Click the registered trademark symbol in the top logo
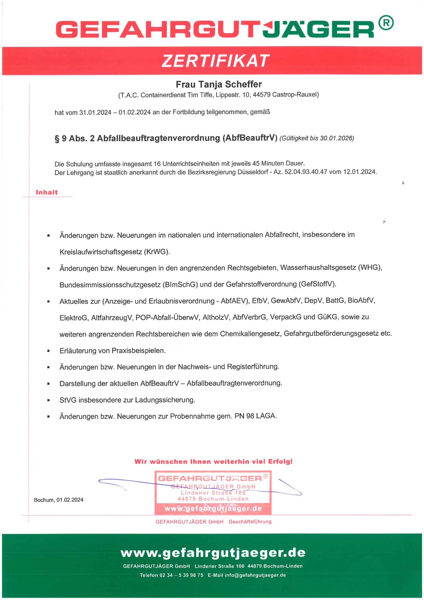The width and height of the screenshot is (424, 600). (386, 23)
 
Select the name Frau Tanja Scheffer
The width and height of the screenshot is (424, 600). (219, 84)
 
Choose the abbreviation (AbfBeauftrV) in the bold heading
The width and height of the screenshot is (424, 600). (250, 138)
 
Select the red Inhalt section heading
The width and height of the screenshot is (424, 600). (47, 192)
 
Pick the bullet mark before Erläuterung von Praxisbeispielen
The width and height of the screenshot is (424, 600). (48, 351)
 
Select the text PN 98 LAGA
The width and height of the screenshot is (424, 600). (255, 416)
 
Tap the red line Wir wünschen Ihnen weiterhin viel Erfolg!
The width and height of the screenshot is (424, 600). (213, 461)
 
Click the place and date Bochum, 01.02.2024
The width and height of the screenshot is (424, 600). (59, 500)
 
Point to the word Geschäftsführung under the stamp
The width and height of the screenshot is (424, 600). (250, 522)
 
